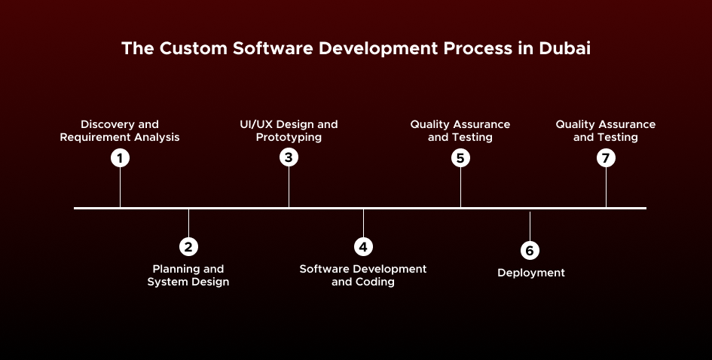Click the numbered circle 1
[x=120, y=158]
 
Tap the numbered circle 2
[x=188, y=246]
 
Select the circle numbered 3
[x=289, y=158]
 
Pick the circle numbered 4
[x=363, y=246]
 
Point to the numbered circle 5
[x=460, y=158]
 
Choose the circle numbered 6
[x=530, y=250]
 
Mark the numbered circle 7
[x=606, y=158]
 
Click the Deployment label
[x=530, y=273]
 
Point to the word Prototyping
[x=289, y=138]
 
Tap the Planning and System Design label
[x=188, y=276]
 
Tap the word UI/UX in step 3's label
[x=247, y=124]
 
